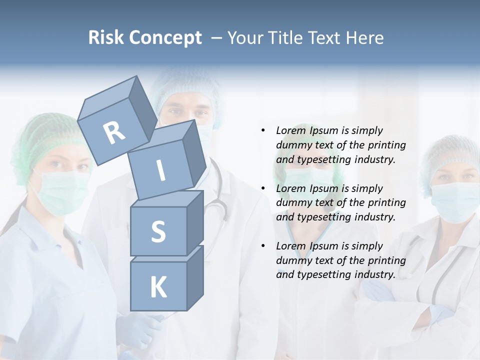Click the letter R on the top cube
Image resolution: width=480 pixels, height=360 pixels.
[114, 132]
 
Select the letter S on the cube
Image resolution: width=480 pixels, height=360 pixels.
[158, 231]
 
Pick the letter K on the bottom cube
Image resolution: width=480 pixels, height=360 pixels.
[158, 287]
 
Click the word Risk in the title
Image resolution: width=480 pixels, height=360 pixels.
[105, 38]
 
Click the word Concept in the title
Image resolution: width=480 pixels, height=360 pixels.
[165, 38]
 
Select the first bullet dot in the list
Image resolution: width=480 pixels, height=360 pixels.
[263, 130]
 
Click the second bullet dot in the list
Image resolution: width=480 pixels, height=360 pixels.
[263, 188]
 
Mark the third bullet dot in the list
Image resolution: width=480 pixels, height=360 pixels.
[263, 246]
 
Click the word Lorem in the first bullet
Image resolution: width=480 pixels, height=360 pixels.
[291, 130]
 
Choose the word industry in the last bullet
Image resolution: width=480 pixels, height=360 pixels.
[374, 274]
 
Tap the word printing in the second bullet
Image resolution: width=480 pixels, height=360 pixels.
[387, 203]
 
